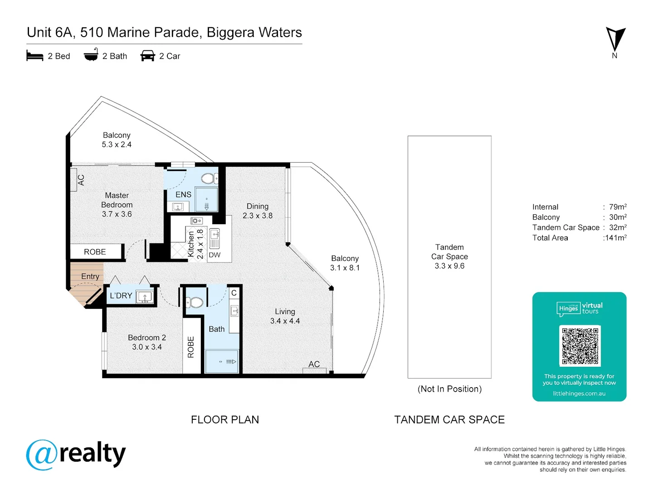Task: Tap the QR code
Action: pos(580,346)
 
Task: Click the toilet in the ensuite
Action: pos(210,178)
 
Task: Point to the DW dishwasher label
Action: pos(214,255)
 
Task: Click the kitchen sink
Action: pos(214,239)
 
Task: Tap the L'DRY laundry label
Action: pos(121,295)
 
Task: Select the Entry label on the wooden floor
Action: pos(90,276)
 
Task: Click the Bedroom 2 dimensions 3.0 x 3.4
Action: pos(147,347)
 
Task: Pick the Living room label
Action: pos(285,312)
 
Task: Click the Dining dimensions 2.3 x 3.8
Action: pos(257,216)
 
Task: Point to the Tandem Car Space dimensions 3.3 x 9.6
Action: pos(449,266)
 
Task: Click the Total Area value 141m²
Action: pos(615,238)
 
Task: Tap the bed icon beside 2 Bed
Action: pos(35,56)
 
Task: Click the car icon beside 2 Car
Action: pos(147,56)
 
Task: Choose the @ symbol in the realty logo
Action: pos(42,455)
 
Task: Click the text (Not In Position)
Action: pos(449,389)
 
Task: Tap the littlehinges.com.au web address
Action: pos(579,393)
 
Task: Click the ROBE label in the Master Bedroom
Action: pos(95,252)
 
